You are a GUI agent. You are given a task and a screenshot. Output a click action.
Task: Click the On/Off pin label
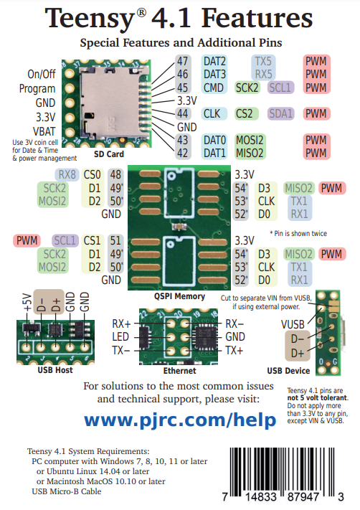pos(42,74)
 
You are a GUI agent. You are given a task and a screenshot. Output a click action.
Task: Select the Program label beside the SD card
pos(37,88)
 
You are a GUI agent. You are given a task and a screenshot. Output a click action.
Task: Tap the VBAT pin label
pos(44,131)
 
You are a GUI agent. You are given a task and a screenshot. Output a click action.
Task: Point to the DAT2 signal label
pos(214,61)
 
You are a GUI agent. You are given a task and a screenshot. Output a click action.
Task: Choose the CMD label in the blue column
pos(213,88)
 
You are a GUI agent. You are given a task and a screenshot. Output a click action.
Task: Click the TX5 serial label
pos(263,61)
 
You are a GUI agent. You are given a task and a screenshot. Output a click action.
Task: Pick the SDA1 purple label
pos(281,113)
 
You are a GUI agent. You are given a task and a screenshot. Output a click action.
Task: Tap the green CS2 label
pos(245,113)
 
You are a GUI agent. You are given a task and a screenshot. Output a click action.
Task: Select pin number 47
pos(182,61)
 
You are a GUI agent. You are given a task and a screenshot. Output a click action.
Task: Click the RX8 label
pos(67,174)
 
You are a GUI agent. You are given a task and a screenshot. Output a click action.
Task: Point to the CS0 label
pos(92,174)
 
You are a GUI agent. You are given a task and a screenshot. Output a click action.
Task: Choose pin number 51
pos(115,241)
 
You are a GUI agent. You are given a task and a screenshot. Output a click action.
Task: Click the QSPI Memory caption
pos(179,296)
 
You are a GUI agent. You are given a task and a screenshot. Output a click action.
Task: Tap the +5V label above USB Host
pos(27,302)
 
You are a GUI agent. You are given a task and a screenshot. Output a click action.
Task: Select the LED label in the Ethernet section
pos(120,337)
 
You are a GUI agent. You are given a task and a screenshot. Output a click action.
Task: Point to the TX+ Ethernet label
pos(235,351)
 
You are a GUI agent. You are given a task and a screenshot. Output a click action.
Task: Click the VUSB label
pos(293,325)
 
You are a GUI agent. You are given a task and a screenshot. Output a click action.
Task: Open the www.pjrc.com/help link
pos(180,420)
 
